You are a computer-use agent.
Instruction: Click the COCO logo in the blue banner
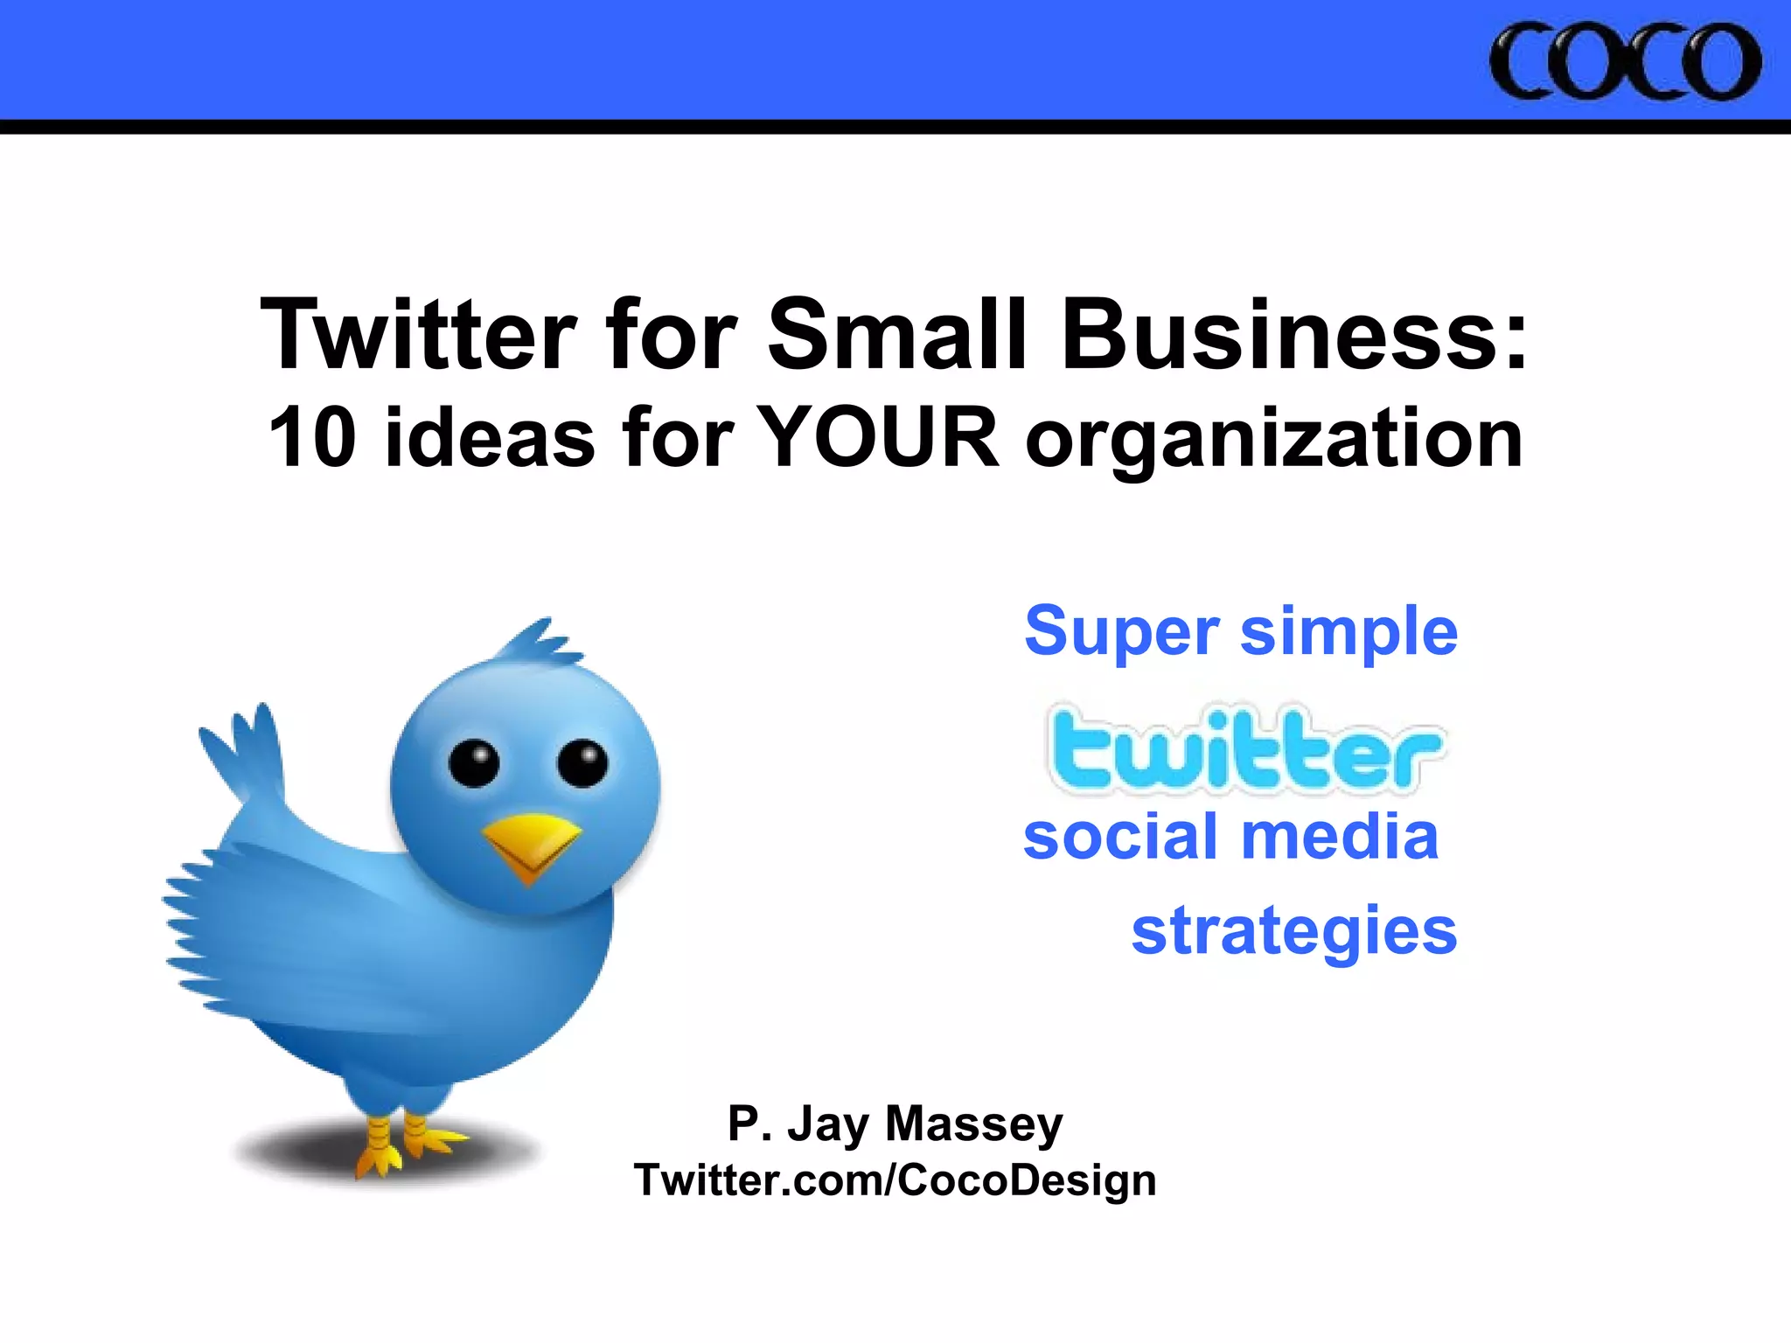(x=1624, y=61)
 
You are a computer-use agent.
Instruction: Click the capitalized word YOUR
(x=876, y=437)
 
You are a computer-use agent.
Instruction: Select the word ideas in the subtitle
(x=490, y=437)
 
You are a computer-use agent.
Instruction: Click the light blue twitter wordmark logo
(x=1245, y=750)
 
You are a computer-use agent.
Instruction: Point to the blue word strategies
(x=1293, y=932)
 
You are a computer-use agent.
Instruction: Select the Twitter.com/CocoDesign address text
(x=895, y=1180)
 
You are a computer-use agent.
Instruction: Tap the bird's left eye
(x=474, y=763)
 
